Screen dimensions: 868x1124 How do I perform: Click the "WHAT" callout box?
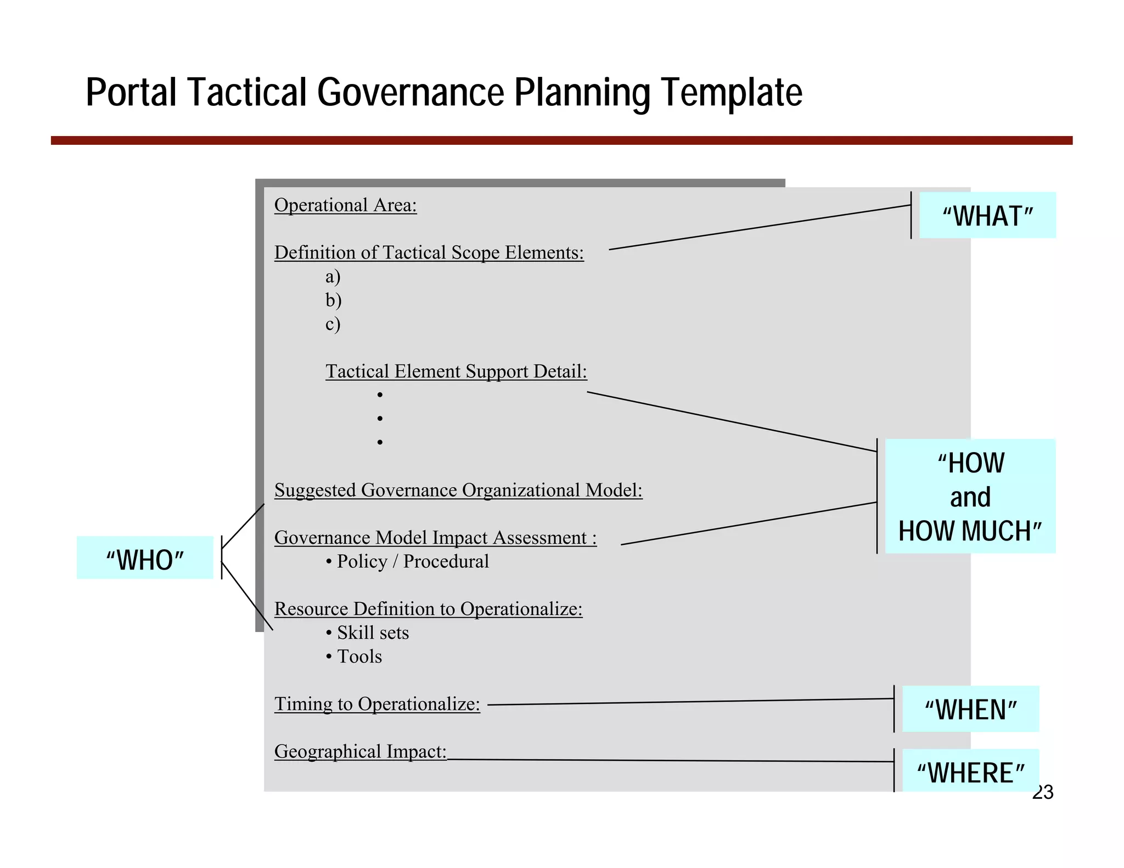[x=987, y=215]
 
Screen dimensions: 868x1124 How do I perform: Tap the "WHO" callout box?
[x=145, y=558]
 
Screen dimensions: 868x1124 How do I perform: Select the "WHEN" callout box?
[x=970, y=709]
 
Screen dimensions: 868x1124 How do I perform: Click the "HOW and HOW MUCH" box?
[x=970, y=496]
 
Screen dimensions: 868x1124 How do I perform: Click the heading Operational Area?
[x=345, y=205]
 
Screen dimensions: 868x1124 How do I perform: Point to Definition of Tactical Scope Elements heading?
[x=429, y=252]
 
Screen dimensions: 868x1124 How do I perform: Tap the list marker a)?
[x=333, y=277]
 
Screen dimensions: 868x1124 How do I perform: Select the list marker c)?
[x=333, y=324]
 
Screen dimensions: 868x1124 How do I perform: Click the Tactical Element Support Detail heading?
[x=456, y=371]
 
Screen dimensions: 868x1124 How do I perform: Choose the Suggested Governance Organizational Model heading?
[x=458, y=490]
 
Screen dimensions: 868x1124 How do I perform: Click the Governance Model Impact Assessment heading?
[x=435, y=538]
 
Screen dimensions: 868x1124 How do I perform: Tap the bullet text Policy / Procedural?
[x=412, y=561]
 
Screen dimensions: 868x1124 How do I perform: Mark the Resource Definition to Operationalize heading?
[x=428, y=609]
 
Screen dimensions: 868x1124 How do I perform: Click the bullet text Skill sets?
[x=373, y=633]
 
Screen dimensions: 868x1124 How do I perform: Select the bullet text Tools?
[x=359, y=656]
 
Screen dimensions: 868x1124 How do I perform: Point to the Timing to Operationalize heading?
[x=377, y=704]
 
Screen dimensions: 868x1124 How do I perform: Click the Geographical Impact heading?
[x=360, y=751]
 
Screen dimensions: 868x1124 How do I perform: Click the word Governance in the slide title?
[x=411, y=92]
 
